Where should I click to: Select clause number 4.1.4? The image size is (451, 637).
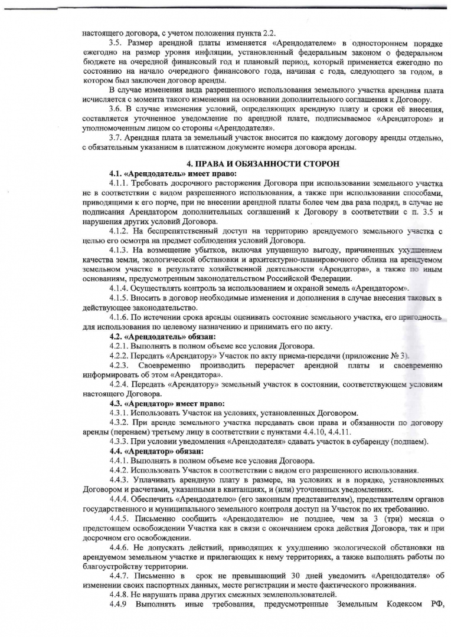point(120,288)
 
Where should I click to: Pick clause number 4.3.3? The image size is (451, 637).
point(120,442)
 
